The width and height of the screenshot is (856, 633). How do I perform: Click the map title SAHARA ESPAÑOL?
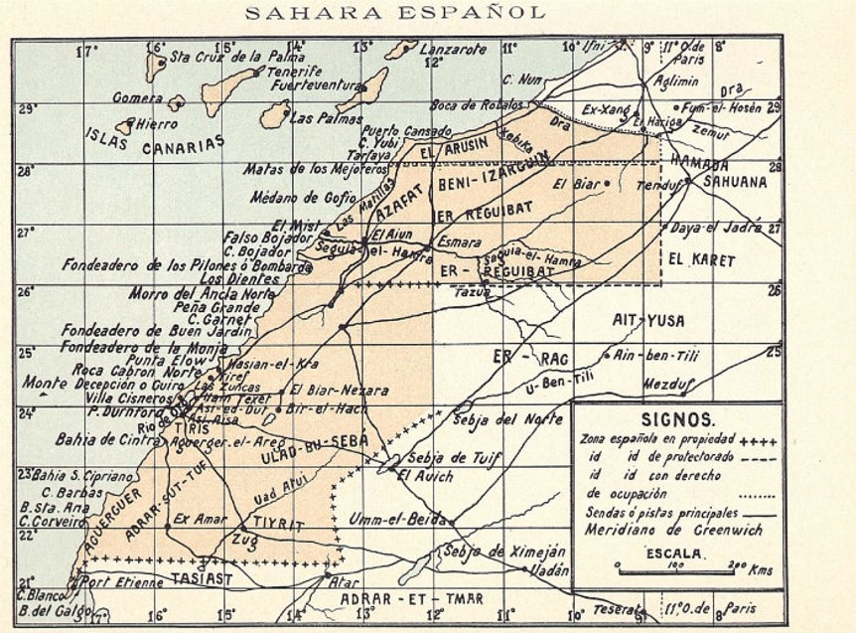[393, 13]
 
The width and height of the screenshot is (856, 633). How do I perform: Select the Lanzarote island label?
[453, 48]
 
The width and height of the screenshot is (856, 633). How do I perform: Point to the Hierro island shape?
[125, 126]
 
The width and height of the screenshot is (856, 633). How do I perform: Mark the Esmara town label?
[459, 241]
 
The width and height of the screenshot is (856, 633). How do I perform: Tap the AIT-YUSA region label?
[650, 320]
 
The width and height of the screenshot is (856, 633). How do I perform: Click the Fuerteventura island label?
[314, 85]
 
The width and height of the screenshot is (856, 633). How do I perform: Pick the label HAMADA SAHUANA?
[718, 174]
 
